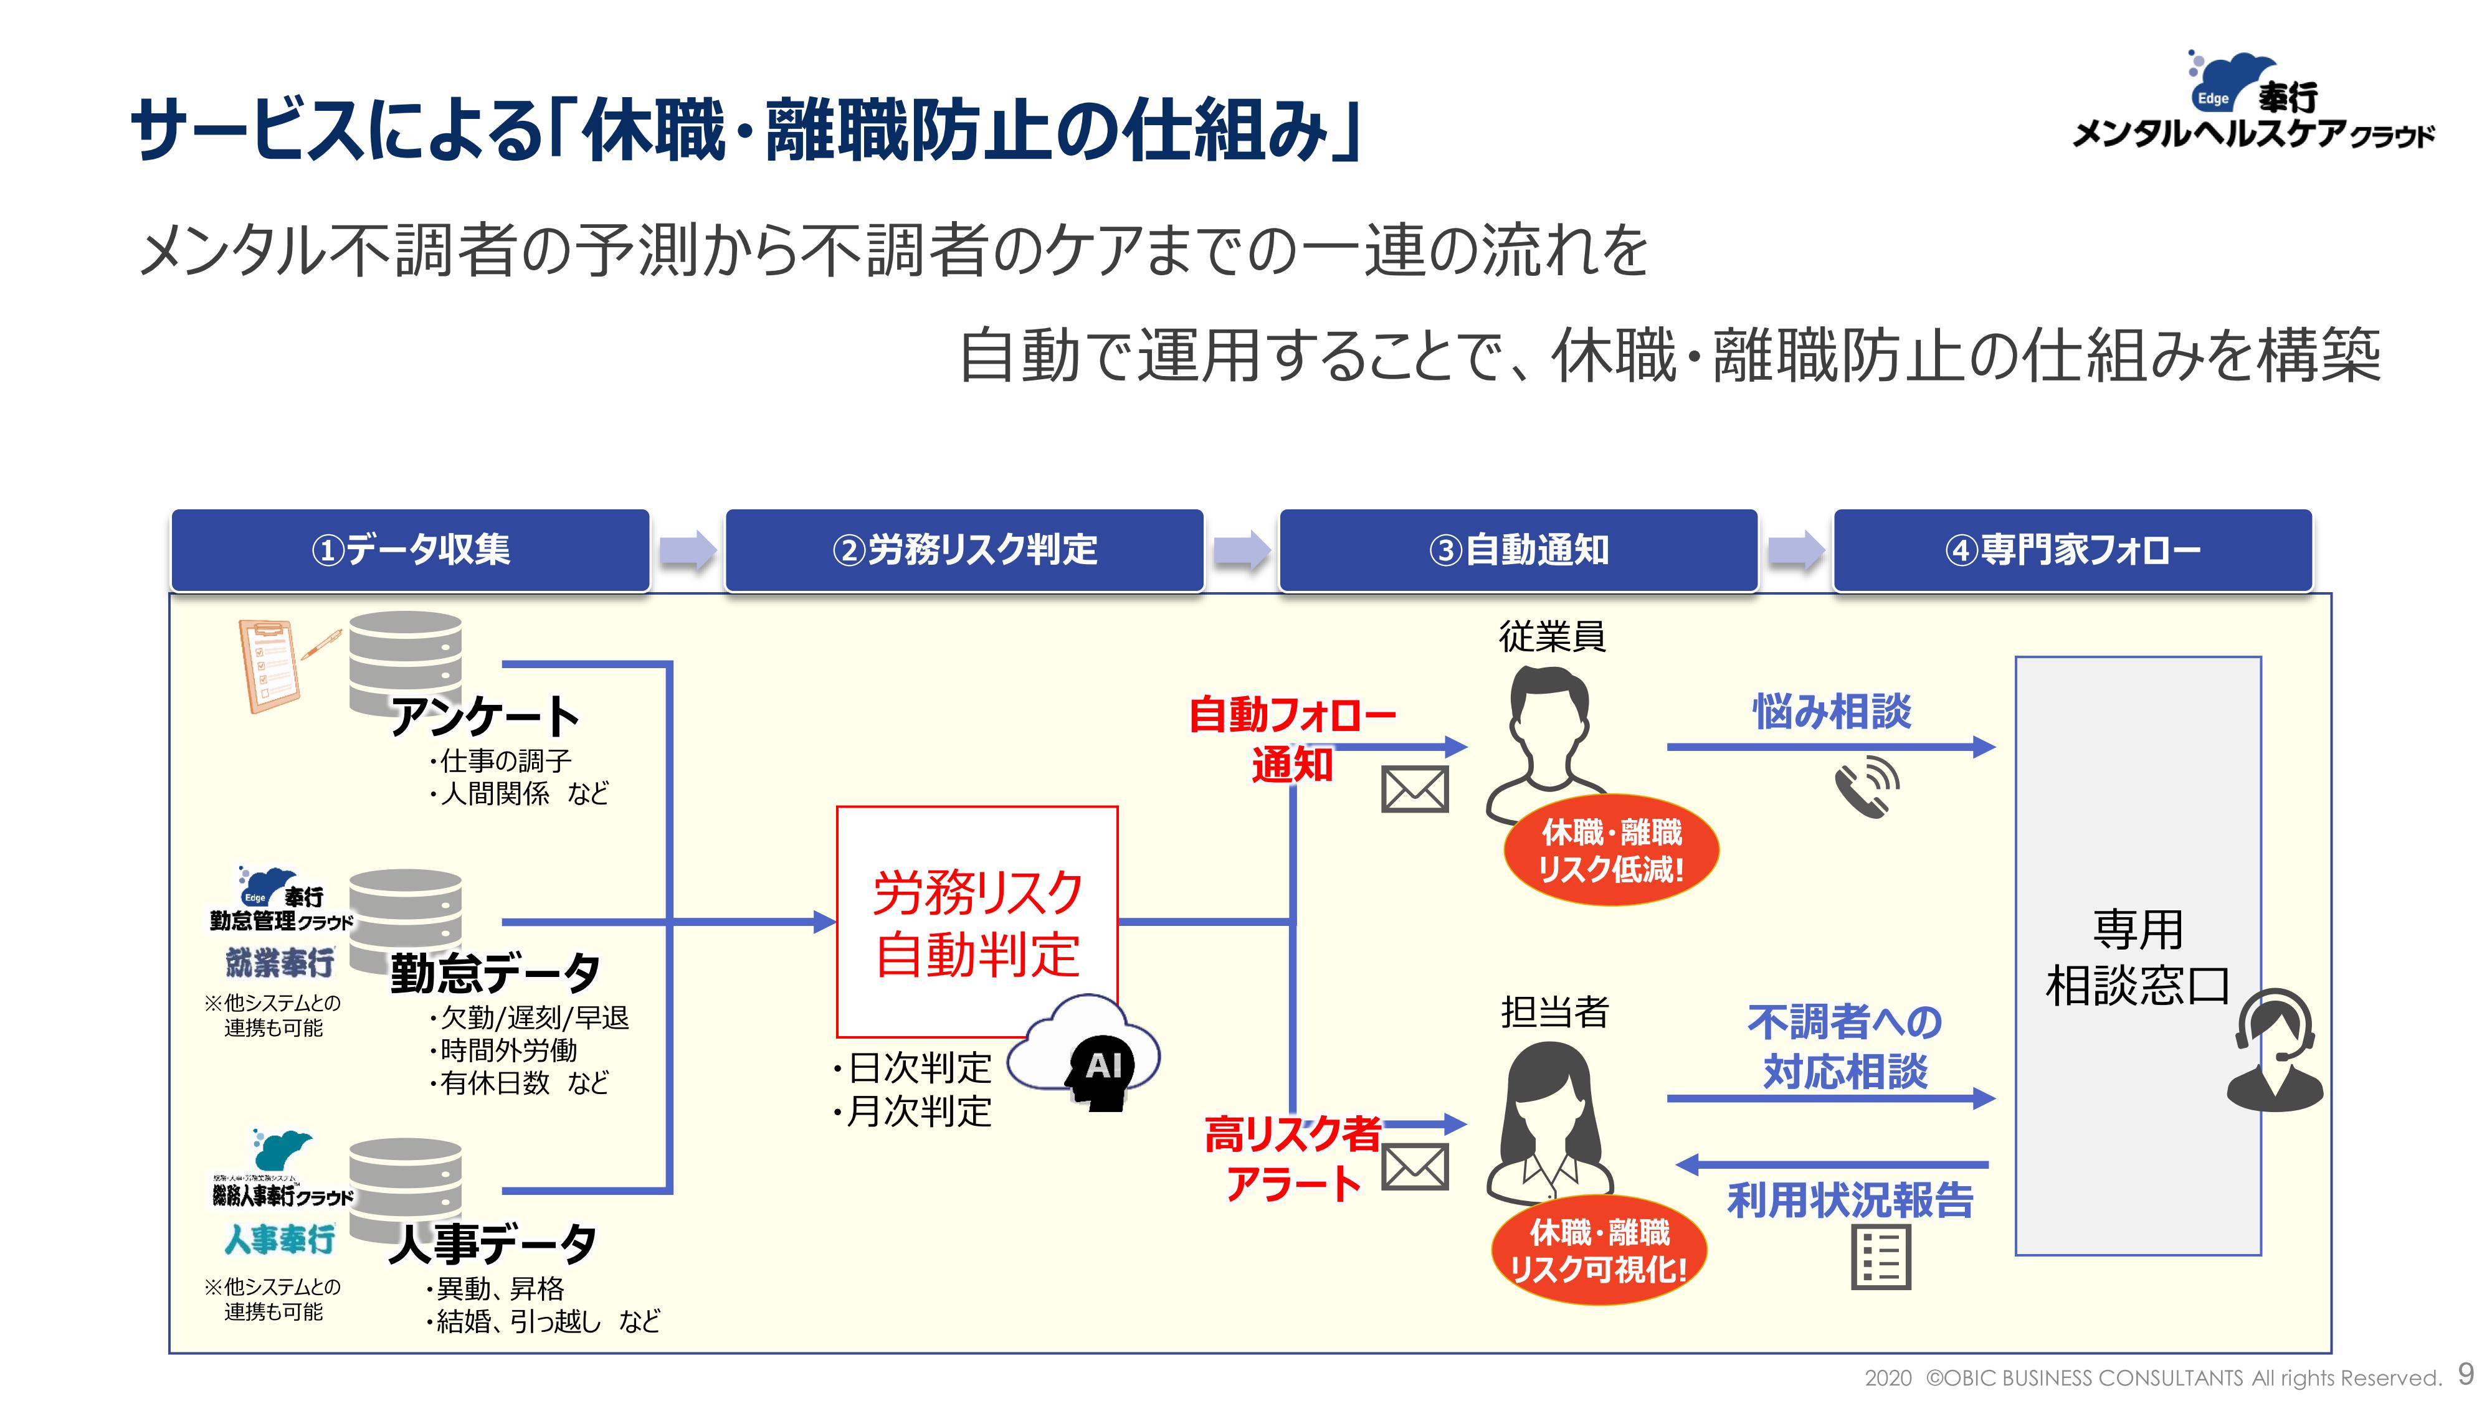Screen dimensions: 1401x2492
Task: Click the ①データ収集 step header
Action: (x=410, y=550)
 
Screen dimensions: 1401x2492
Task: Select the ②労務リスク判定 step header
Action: (x=964, y=550)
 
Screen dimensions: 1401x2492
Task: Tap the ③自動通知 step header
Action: (x=1518, y=550)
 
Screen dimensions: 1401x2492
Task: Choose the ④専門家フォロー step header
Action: (x=2072, y=550)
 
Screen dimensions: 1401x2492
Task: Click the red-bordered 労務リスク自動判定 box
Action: (x=977, y=922)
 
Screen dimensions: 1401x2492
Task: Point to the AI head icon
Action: (x=1102, y=1073)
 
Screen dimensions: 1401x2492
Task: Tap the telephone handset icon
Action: (x=1866, y=788)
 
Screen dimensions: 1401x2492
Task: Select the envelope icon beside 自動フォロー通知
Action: (x=1414, y=790)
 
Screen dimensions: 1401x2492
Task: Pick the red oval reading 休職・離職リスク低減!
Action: (x=1610, y=851)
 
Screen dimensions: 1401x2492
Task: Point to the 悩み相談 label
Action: (x=1831, y=712)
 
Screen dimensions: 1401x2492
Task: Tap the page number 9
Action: (x=2466, y=1374)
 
